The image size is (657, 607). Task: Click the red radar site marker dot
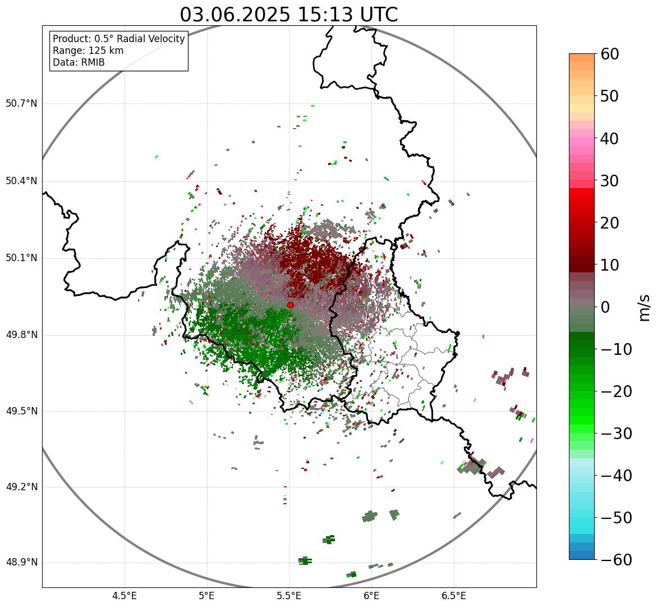(290, 305)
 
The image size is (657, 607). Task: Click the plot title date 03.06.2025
(235, 15)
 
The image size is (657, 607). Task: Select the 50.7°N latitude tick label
(21, 104)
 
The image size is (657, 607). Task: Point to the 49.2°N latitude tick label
(21, 487)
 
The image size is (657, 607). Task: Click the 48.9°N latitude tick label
(21, 563)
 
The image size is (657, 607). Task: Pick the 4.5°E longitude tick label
(125, 596)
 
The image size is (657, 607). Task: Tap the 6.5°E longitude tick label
(453, 596)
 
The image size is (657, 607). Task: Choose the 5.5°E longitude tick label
(289, 596)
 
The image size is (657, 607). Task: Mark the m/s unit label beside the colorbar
(645, 307)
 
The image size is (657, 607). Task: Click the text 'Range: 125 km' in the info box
(88, 51)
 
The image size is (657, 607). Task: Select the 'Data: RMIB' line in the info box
(79, 62)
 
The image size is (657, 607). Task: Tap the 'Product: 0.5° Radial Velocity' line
(118, 39)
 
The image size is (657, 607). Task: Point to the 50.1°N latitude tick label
(21, 258)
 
